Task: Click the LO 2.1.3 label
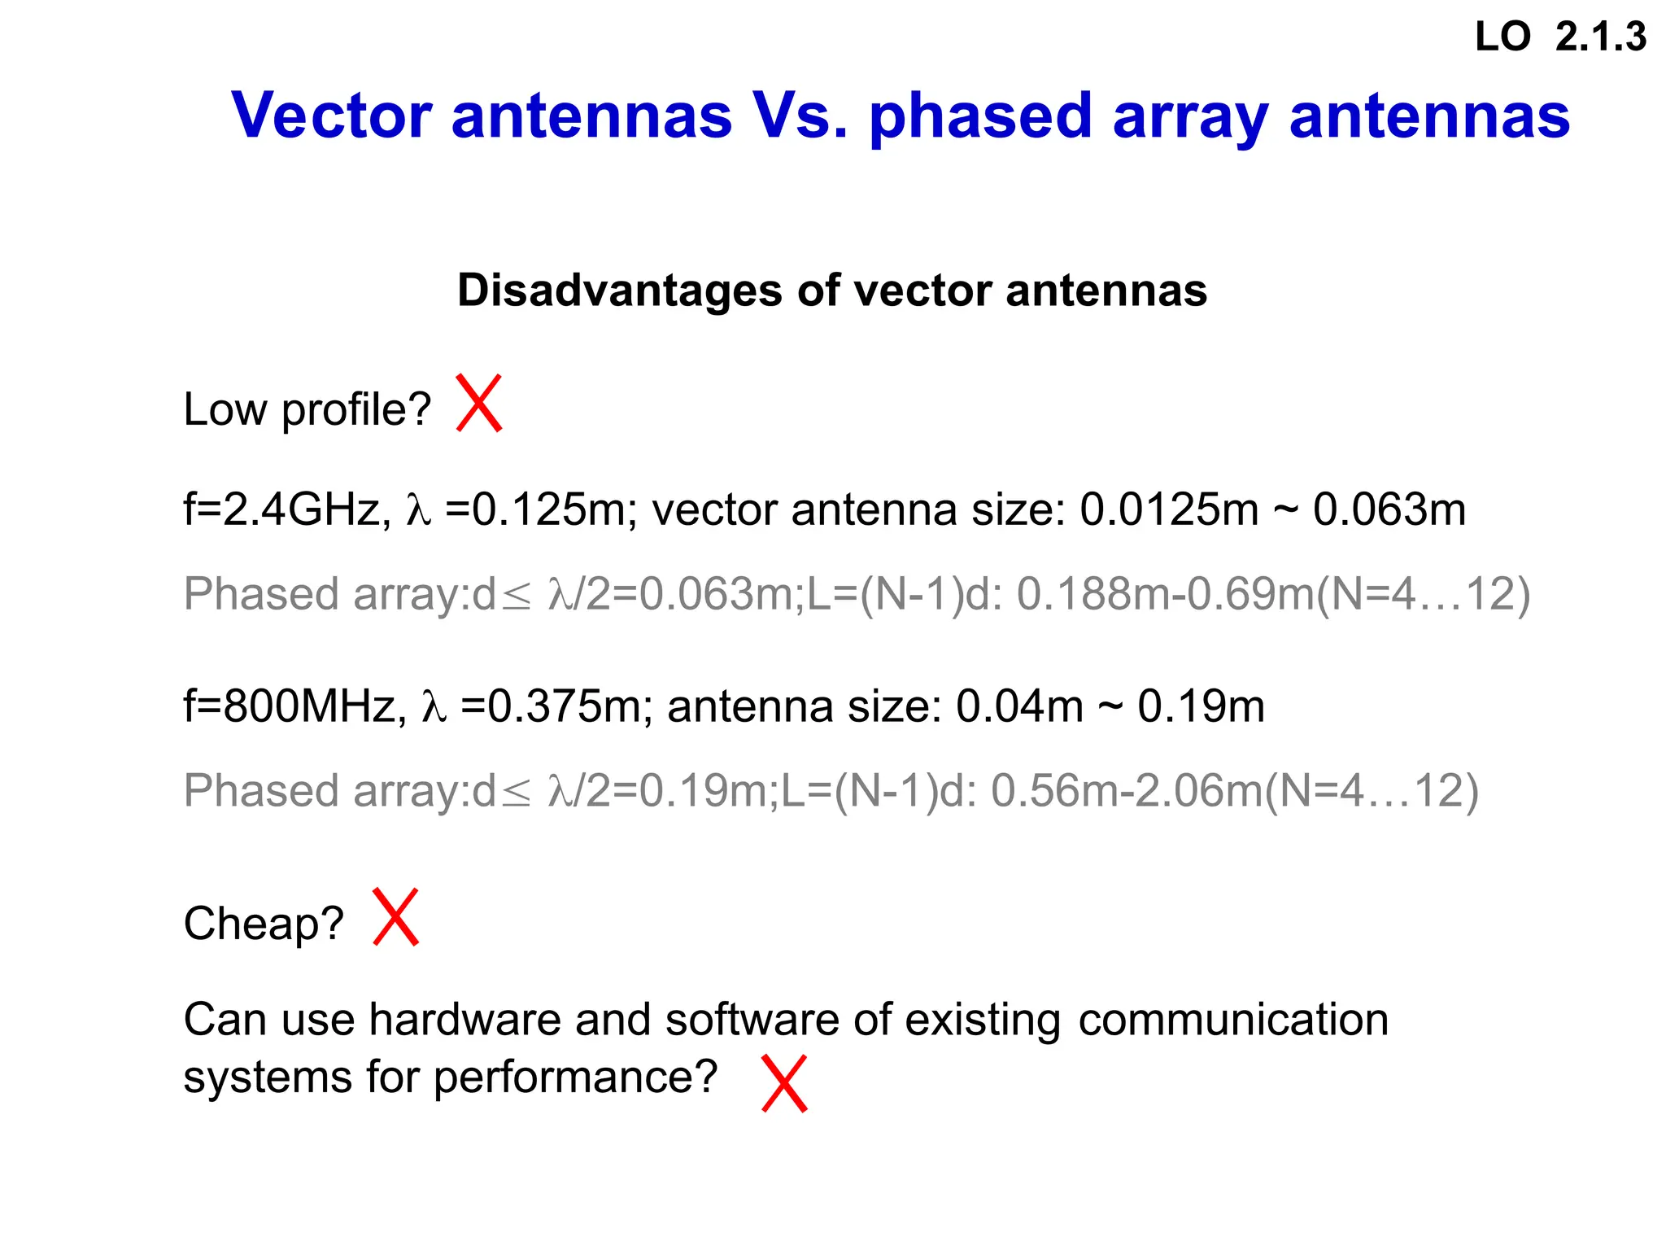pos(1559,37)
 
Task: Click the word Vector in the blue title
pos(331,116)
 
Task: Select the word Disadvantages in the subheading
pos(619,290)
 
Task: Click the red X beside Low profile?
pos(478,403)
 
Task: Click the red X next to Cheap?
pos(395,917)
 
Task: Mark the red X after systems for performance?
pos(784,1083)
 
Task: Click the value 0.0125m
pos(1168,510)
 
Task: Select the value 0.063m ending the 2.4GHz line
pos(1389,510)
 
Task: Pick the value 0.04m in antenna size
pos(1018,706)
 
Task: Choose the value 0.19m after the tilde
pos(1201,706)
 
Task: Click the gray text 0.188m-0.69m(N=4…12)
pos(1273,594)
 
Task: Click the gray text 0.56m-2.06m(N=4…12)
pos(1234,791)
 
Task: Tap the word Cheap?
pos(264,924)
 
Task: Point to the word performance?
pos(575,1077)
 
